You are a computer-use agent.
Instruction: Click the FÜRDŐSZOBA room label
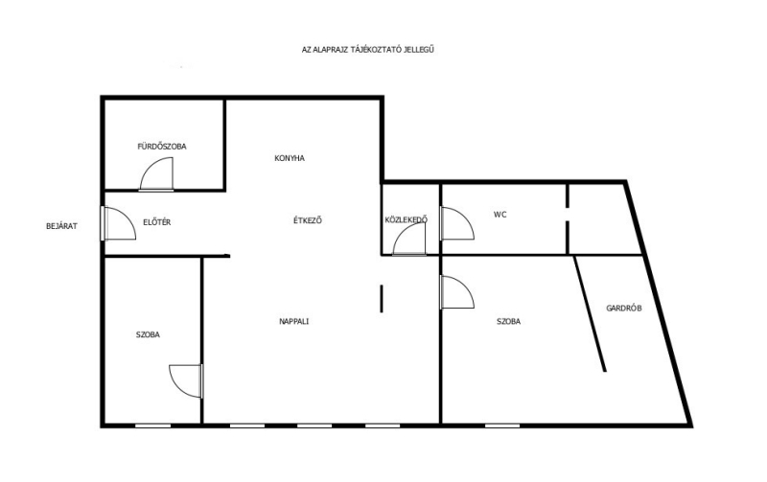click(x=161, y=147)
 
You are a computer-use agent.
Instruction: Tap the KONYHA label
click(x=290, y=158)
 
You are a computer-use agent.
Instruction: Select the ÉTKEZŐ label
click(x=307, y=220)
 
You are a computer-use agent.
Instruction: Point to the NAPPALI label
click(x=293, y=321)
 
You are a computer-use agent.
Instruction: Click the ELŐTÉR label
click(x=156, y=222)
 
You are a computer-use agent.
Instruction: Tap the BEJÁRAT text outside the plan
click(x=61, y=226)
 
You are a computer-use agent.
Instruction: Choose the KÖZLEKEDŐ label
click(x=406, y=219)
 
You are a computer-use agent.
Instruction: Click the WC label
click(x=500, y=214)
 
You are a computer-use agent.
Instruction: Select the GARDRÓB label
click(x=624, y=308)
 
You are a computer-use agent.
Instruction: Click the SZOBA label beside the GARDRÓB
click(x=508, y=321)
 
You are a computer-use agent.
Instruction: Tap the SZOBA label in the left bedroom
click(x=148, y=334)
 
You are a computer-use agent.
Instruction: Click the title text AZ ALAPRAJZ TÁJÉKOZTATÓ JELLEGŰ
click(x=368, y=50)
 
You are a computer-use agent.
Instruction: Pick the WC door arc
click(x=467, y=218)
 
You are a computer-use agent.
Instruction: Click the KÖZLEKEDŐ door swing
click(x=402, y=232)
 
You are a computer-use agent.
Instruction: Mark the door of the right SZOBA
click(x=467, y=287)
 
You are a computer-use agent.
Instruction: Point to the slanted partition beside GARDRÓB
click(x=591, y=313)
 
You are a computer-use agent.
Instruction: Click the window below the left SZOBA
click(x=153, y=425)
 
